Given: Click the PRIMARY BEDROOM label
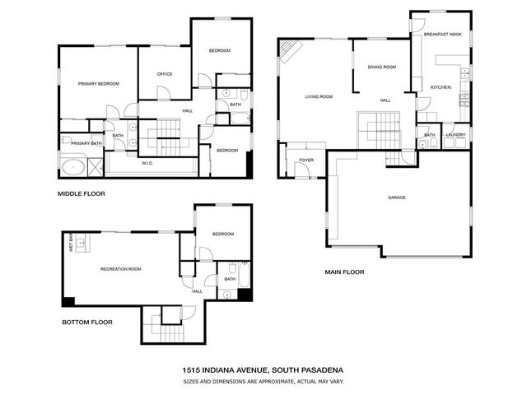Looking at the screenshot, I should pos(99,84).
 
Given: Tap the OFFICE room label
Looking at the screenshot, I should pos(165,75).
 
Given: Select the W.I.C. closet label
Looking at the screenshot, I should pos(148,163).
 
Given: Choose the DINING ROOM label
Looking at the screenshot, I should pos(382,67).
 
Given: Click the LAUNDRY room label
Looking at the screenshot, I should pos(456,135).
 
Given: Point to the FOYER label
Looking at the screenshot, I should pos(306,160).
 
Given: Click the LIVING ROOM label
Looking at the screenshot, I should pos(319,97).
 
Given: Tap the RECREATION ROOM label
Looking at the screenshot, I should pos(121,269).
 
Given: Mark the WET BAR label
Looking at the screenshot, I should pos(72,243).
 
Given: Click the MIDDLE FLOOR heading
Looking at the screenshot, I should pos(81,194).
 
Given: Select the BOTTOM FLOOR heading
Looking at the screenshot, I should pos(86,322).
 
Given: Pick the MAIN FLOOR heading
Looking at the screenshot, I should pos(344,272).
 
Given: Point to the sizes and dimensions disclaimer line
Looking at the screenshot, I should pos(263,382).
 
